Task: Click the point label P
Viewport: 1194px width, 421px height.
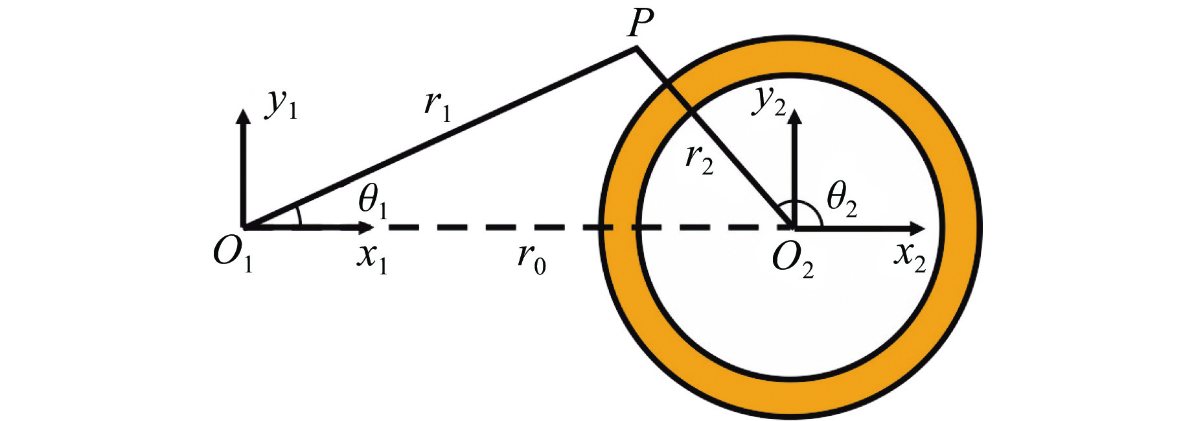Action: pos(640,25)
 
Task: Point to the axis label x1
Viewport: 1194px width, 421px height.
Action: pos(372,257)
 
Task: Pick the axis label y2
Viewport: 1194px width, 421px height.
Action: pos(769,101)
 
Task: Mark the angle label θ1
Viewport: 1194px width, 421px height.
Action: pos(373,202)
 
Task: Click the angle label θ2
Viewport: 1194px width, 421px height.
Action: pos(842,200)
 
